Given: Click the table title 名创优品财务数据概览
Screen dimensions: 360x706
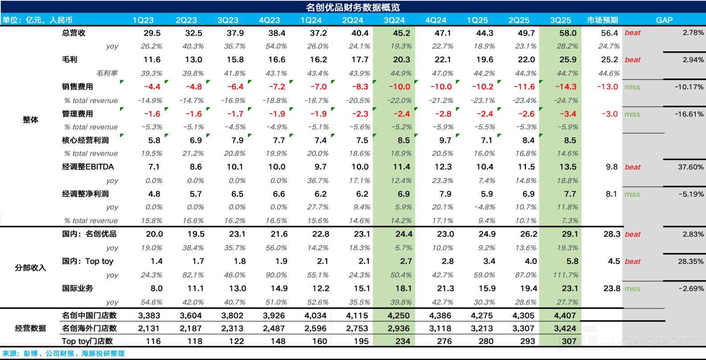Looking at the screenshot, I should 353,7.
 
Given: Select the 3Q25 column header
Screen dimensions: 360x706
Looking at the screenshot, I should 560,20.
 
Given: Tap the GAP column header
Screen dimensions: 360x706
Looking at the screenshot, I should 664,20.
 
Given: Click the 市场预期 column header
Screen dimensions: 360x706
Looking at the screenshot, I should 602,20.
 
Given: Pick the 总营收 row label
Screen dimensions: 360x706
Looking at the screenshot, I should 74,33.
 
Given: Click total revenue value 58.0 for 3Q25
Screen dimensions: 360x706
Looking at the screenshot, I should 568,33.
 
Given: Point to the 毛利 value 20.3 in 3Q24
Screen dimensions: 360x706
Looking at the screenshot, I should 401,60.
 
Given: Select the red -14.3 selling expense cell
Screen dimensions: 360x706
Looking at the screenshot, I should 566,87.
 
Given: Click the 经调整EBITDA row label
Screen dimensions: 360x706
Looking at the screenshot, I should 88,167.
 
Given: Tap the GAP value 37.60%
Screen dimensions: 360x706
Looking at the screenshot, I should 690,167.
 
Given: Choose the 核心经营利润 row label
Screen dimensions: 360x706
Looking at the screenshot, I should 85,140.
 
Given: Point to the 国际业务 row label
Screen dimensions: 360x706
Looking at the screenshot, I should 78,288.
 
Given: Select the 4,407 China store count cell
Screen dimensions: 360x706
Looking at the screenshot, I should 565,315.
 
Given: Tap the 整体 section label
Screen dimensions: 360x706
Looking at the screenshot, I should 30,120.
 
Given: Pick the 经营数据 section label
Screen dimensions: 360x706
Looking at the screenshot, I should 30,328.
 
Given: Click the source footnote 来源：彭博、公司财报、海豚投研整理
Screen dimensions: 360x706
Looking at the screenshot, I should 63,353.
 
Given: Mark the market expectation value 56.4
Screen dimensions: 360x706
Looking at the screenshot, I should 609,33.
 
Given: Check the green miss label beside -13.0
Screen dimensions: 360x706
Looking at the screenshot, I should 632,87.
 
